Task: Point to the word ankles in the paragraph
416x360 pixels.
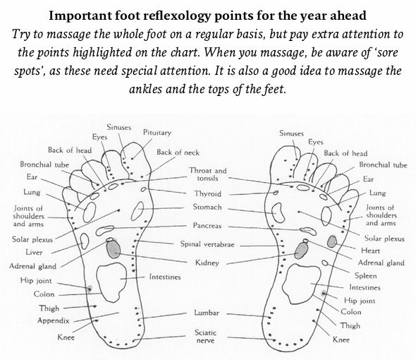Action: pyautogui.click(x=145, y=89)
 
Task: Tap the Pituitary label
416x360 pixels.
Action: pyautogui.click(x=157, y=133)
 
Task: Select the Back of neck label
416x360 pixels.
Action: pyautogui.click(x=178, y=152)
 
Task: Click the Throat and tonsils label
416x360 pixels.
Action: pyautogui.click(x=208, y=174)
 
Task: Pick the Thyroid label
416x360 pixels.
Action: pyautogui.click(x=208, y=193)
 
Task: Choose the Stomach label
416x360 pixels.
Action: pyautogui.click(x=207, y=207)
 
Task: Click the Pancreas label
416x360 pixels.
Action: pyautogui.click(x=207, y=226)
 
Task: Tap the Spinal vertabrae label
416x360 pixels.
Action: pyautogui.click(x=207, y=244)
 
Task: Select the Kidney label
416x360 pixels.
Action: pyautogui.click(x=207, y=263)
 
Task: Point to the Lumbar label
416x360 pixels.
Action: pyautogui.click(x=207, y=313)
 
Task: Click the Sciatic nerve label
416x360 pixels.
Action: pyautogui.click(x=206, y=337)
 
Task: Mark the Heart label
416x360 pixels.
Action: pyautogui.click(x=370, y=251)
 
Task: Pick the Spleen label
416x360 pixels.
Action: pyautogui.click(x=366, y=276)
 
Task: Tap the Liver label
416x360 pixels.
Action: pyautogui.click(x=34, y=252)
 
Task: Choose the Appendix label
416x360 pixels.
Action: pyautogui.click(x=54, y=320)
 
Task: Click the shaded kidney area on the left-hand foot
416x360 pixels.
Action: pyautogui.click(x=114, y=249)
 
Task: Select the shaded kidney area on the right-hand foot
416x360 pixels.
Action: pyautogui.click(x=301, y=251)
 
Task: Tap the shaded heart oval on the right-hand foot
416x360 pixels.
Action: pyautogui.click(x=332, y=241)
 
